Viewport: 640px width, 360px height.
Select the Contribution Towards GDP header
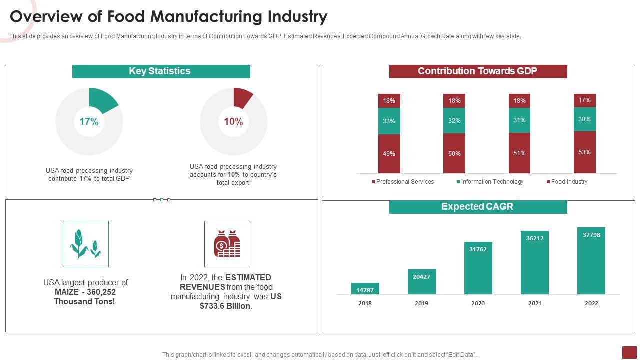(x=478, y=71)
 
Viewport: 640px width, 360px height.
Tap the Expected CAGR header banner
(x=478, y=207)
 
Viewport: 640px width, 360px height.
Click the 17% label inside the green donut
(x=89, y=122)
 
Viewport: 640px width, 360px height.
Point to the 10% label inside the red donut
(x=233, y=122)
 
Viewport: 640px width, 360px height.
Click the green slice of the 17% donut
(x=103, y=98)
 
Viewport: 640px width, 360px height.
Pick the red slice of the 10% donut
(x=242, y=97)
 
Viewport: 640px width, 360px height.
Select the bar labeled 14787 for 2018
(x=365, y=289)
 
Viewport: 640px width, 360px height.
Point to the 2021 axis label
(x=534, y=303)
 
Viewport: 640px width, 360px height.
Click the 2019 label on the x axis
(x=421, y=303)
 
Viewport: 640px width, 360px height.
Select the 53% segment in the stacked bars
(x=584, y=152)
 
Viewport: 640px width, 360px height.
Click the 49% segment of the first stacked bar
(x=389, y=154)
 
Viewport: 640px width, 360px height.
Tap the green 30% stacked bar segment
(x=584, y=119)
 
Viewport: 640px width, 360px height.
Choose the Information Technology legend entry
(x=492, y=182)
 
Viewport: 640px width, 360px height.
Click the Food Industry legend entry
(x=569, y=182)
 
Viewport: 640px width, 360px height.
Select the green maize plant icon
(x=86, y=244)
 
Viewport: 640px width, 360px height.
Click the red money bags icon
(x=227, y=244)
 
